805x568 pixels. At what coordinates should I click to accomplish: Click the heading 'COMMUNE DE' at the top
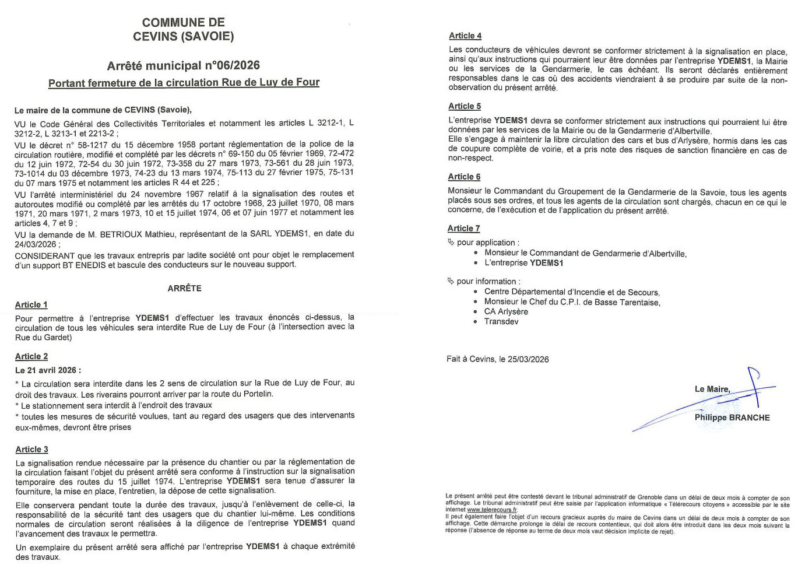point(183,23)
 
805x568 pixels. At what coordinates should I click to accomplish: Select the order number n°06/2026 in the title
point(232,65)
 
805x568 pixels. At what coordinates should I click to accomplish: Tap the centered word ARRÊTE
point(184,288)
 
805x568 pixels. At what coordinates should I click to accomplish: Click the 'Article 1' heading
point(31,304)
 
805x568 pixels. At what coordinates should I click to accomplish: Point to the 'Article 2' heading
point(31,356)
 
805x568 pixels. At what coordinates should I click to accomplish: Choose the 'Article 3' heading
point(31,449)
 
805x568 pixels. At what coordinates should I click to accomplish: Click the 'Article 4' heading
point(465,36)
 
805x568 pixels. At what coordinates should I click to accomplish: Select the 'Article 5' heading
point(465,106)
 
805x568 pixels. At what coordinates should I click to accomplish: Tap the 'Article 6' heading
point(464,177)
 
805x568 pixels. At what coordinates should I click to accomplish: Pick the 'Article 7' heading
point(463,228)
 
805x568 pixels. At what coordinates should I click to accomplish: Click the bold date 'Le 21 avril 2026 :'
point(48,370)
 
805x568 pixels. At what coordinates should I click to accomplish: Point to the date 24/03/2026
point(36,244)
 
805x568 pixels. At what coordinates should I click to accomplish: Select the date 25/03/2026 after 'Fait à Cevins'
point(528,359)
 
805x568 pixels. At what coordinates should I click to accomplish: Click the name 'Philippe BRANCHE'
point(732,418)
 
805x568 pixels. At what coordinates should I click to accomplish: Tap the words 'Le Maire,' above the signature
point(712,389)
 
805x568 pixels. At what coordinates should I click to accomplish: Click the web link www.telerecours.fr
point(492,510)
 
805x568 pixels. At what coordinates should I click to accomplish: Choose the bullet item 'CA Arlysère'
point(506,311)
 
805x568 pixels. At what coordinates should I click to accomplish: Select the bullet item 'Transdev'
point(501,321)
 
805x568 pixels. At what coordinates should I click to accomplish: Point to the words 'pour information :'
point(488,281)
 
